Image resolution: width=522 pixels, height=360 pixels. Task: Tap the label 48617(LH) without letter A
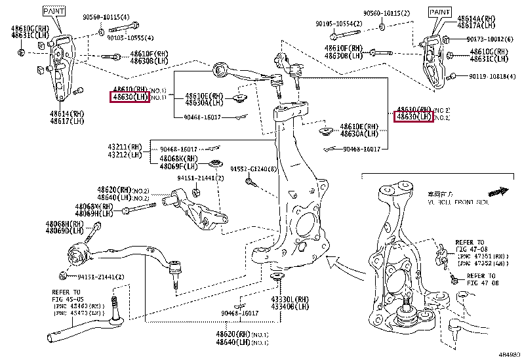coord(67,121)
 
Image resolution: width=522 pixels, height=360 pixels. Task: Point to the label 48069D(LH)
coord(64,231)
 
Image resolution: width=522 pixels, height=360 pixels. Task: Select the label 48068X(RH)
coord(94,207)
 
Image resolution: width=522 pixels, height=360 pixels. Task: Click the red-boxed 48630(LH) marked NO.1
coord(130,98)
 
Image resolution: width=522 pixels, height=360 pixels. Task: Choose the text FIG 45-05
coord(66,299)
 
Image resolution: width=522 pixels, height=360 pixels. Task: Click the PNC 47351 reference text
coord(482,256)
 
